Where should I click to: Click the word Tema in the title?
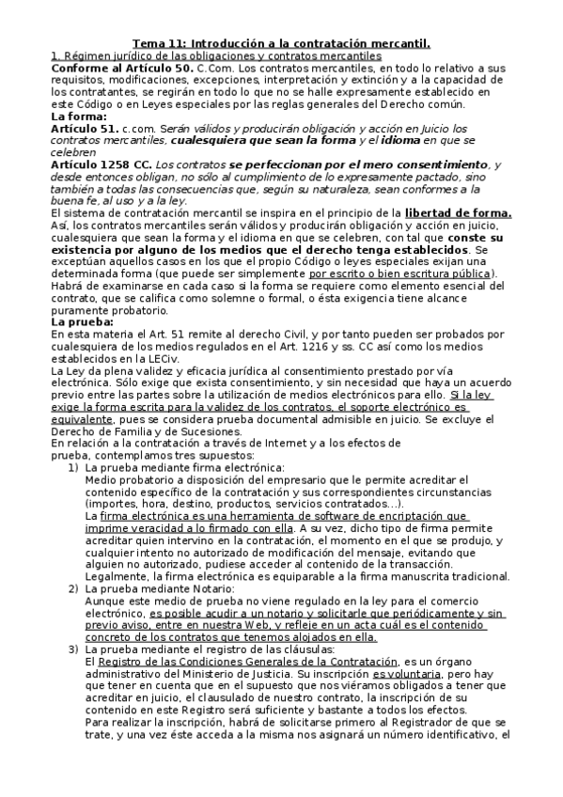(x=148, y=43)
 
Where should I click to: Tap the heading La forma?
(x=78, y=117)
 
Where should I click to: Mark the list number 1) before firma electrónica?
(x=74, y=467)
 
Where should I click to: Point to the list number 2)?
(x=74, y=587)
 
